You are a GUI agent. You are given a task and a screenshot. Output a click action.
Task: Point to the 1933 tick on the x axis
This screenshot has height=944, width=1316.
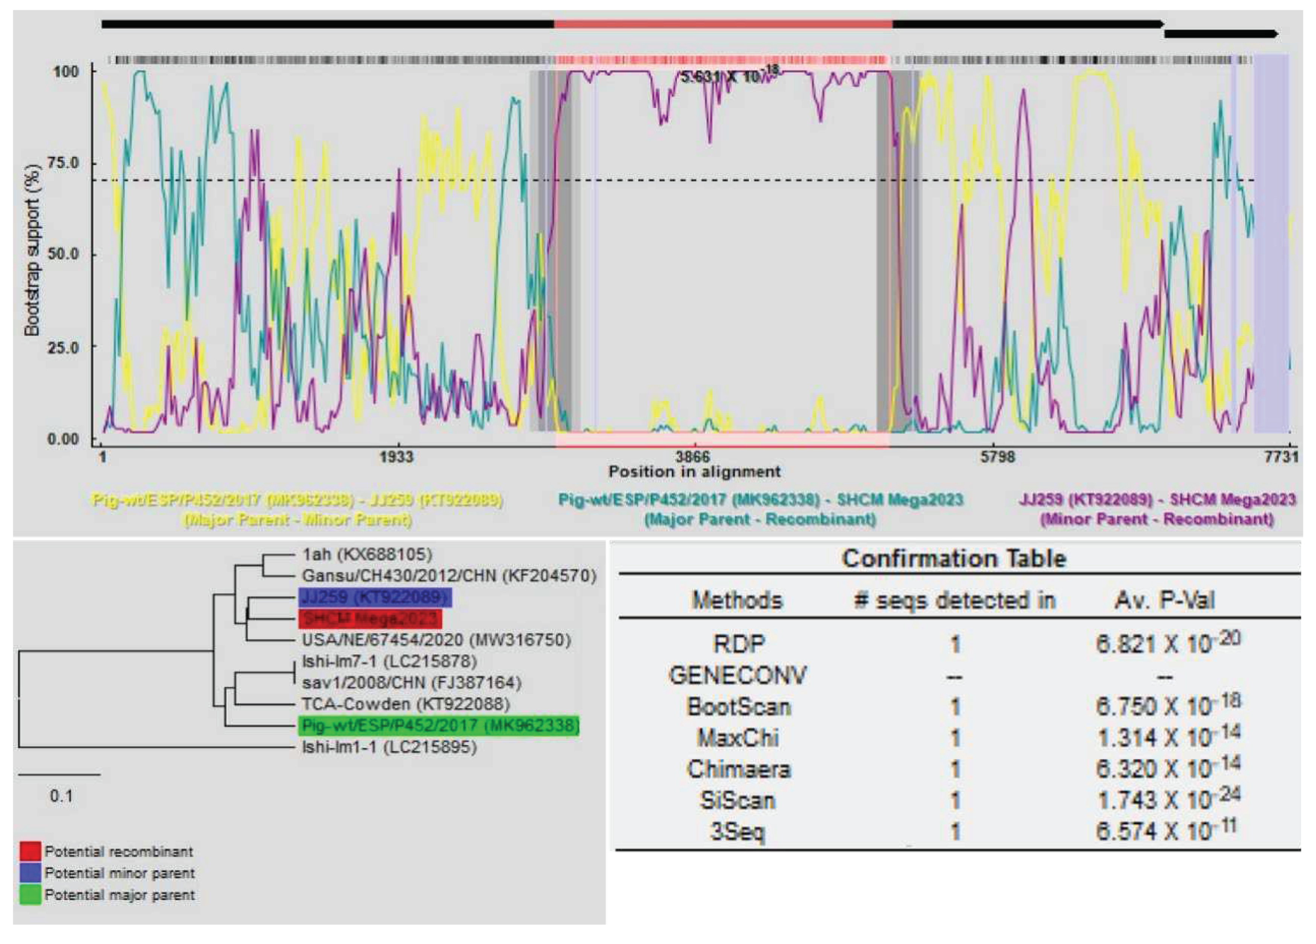397,457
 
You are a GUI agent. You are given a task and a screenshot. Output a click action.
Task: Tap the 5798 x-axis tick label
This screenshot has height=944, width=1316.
998,457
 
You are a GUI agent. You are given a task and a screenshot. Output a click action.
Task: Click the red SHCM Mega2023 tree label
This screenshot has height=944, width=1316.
370,619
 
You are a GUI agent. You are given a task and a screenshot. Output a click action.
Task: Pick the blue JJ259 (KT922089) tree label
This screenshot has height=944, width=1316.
374,597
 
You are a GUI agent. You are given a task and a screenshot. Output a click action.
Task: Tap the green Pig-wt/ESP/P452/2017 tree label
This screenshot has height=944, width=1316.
439,725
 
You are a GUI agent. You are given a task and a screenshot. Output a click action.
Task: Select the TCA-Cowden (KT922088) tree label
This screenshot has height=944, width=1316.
405,705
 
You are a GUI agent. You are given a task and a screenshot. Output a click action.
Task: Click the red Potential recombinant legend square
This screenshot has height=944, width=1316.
30,851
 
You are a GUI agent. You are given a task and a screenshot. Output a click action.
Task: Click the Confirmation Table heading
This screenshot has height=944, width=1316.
953,559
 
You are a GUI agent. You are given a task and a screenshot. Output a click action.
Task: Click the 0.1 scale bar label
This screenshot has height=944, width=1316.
61,796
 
